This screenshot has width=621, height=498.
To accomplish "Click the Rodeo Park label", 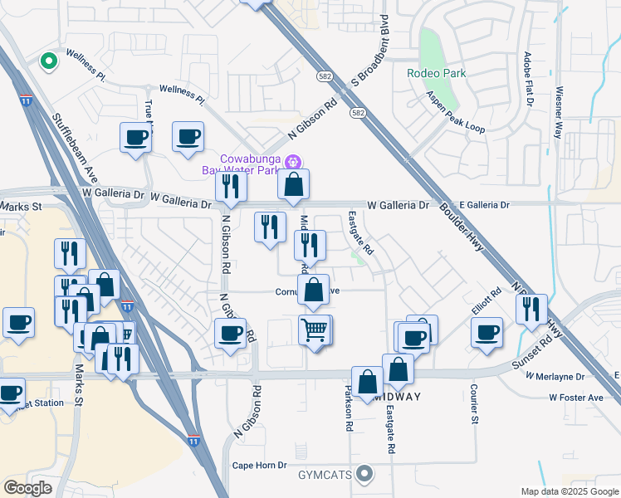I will (x=436, y=73).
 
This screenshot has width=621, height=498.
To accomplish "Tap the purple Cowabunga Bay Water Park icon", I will (x=291, y=162).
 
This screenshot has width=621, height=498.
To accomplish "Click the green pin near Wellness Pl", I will (x=49, y=61).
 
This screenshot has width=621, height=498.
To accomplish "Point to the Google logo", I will (x=27, y=487).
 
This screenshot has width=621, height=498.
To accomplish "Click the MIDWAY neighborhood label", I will (x=398, y=397).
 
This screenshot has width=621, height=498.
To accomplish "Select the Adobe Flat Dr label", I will (x=527, y=79).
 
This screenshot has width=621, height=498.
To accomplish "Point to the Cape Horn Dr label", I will (x=259, y=466).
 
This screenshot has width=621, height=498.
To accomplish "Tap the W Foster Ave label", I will (x=575, y=398).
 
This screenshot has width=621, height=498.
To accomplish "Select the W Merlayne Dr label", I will (x=555, y=376).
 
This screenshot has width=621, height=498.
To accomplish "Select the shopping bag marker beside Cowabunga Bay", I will (x=293, y=187).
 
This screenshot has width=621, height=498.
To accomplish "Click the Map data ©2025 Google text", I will (x=569, y=491).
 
